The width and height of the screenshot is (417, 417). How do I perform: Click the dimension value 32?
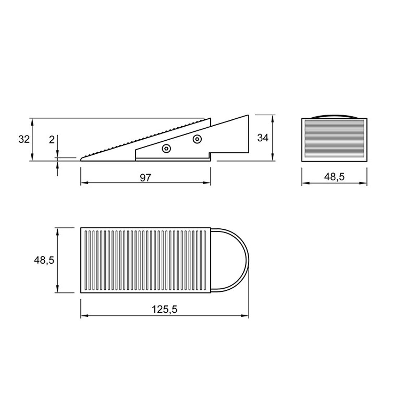click(24, 139)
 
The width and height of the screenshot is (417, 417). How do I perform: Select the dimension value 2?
click(52, 139)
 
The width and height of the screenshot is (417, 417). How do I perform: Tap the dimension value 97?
click(145, 177)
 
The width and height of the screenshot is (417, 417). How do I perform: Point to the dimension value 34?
click(263, 138)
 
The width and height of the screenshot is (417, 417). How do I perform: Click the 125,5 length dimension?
click(164, 309)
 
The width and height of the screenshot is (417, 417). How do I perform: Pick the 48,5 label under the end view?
click(334, 177)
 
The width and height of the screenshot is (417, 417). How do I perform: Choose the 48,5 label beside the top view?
click(44, 260)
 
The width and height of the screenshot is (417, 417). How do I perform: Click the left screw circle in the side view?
click(167, 149)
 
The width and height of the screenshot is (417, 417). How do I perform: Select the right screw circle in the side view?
click(197, 139)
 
